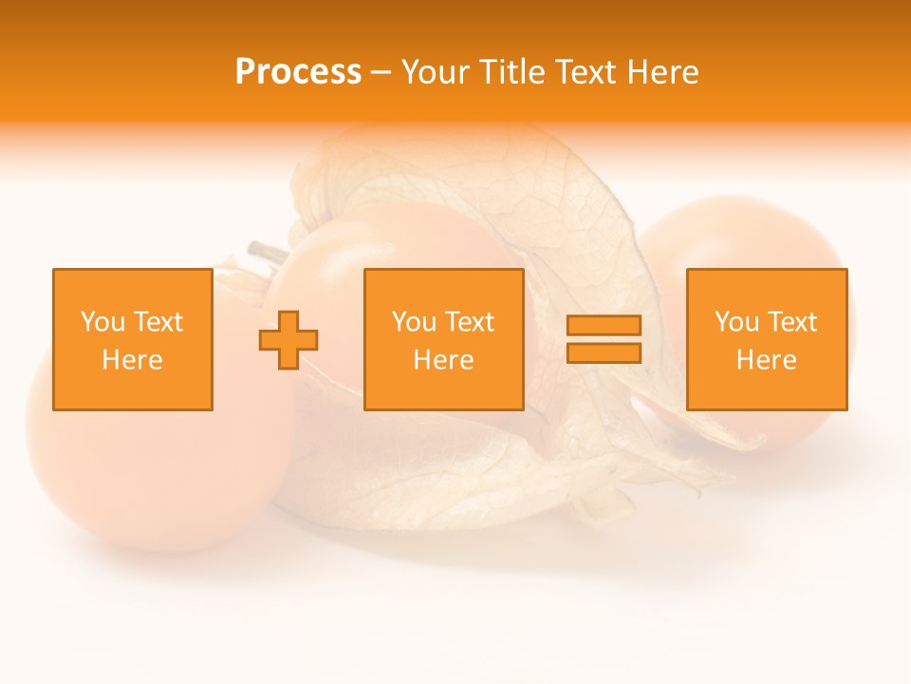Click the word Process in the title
pos(298,72)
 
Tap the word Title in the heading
pos(513,72)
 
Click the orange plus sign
pos(288,339)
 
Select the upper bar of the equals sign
pos(604,325)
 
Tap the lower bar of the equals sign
pos(604,352)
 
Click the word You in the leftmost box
pos(102,322)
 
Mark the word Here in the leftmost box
pos(132,360)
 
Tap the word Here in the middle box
pos(443,360)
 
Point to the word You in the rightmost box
pos(736,322)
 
